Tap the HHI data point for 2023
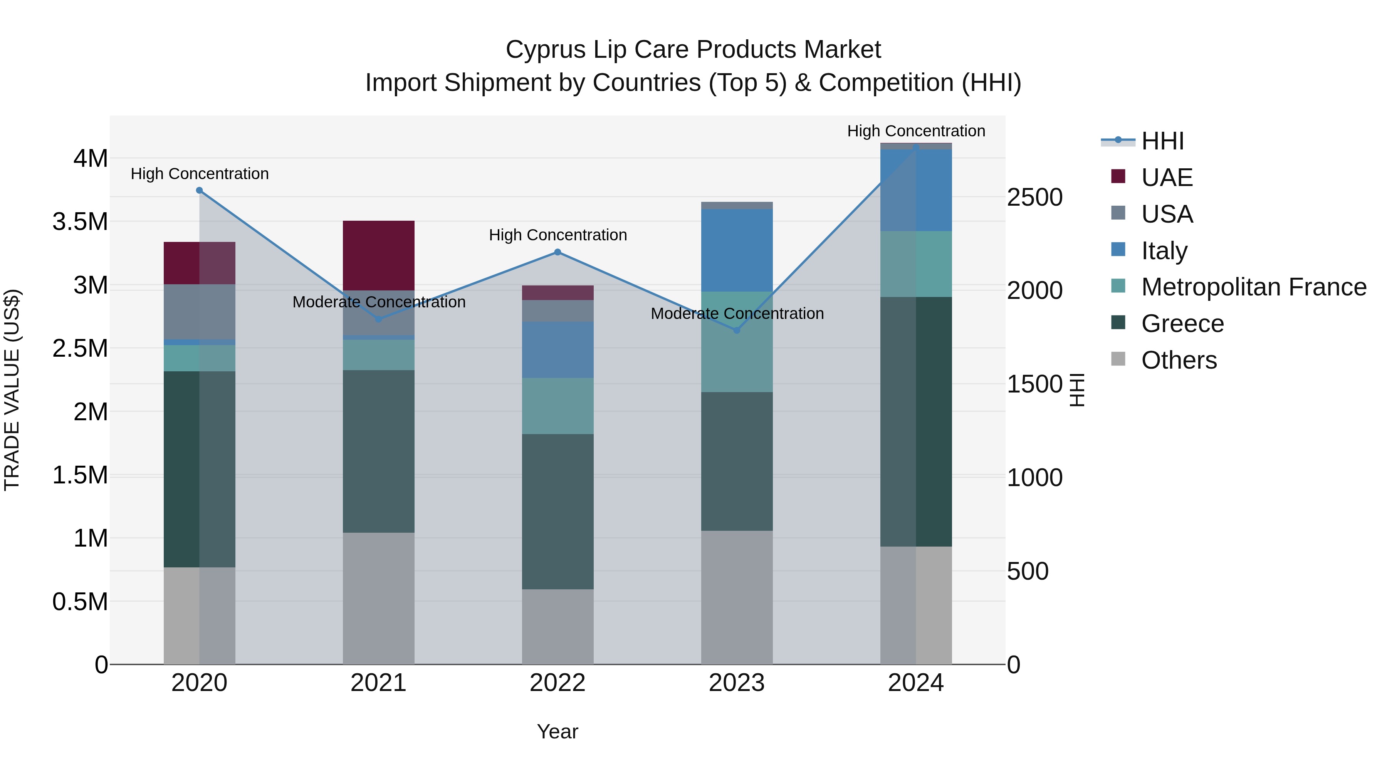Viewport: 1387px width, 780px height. coord(737,330)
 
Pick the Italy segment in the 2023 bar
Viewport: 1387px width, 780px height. coord(737,250)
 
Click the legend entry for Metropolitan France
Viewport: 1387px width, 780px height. coord(1253,287)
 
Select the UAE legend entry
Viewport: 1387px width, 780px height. coord(1167,178)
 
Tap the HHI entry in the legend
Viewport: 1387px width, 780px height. coord(1162,141)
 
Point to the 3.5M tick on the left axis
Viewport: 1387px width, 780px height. coord(80,222)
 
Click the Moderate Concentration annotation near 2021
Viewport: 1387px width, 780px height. coord(378,302)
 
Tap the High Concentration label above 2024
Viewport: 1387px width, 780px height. coord(916,131)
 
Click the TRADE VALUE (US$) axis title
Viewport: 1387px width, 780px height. coord(12,390)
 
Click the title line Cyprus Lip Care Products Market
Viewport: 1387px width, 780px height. coord(693,50)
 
